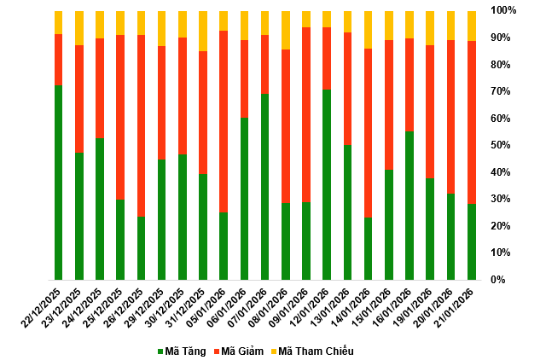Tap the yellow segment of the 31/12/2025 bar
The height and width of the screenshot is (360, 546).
pyautogui.click(x=203, y=31)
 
